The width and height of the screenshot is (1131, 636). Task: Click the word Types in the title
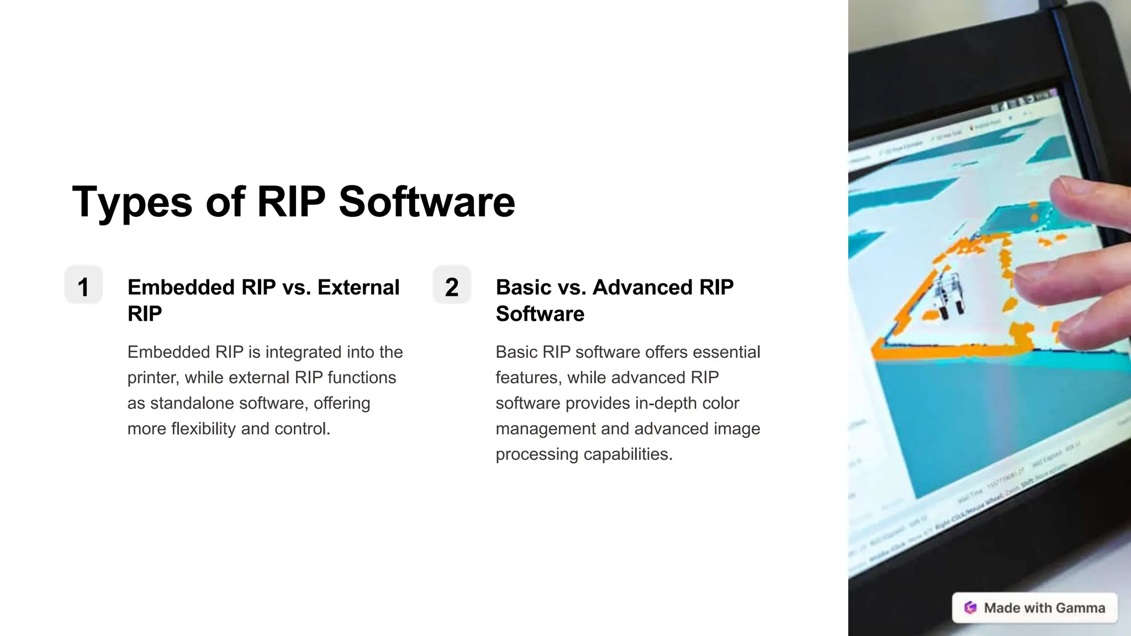(x=133, y=202)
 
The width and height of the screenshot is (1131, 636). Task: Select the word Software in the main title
(x=426, y=202)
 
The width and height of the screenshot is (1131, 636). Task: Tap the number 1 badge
(x=83, y=285)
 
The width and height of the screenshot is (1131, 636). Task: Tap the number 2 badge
(x=452, y=285)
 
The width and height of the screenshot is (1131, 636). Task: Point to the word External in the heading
(x=358, y=287)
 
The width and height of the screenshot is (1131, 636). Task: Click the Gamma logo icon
(x=970, y=608)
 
